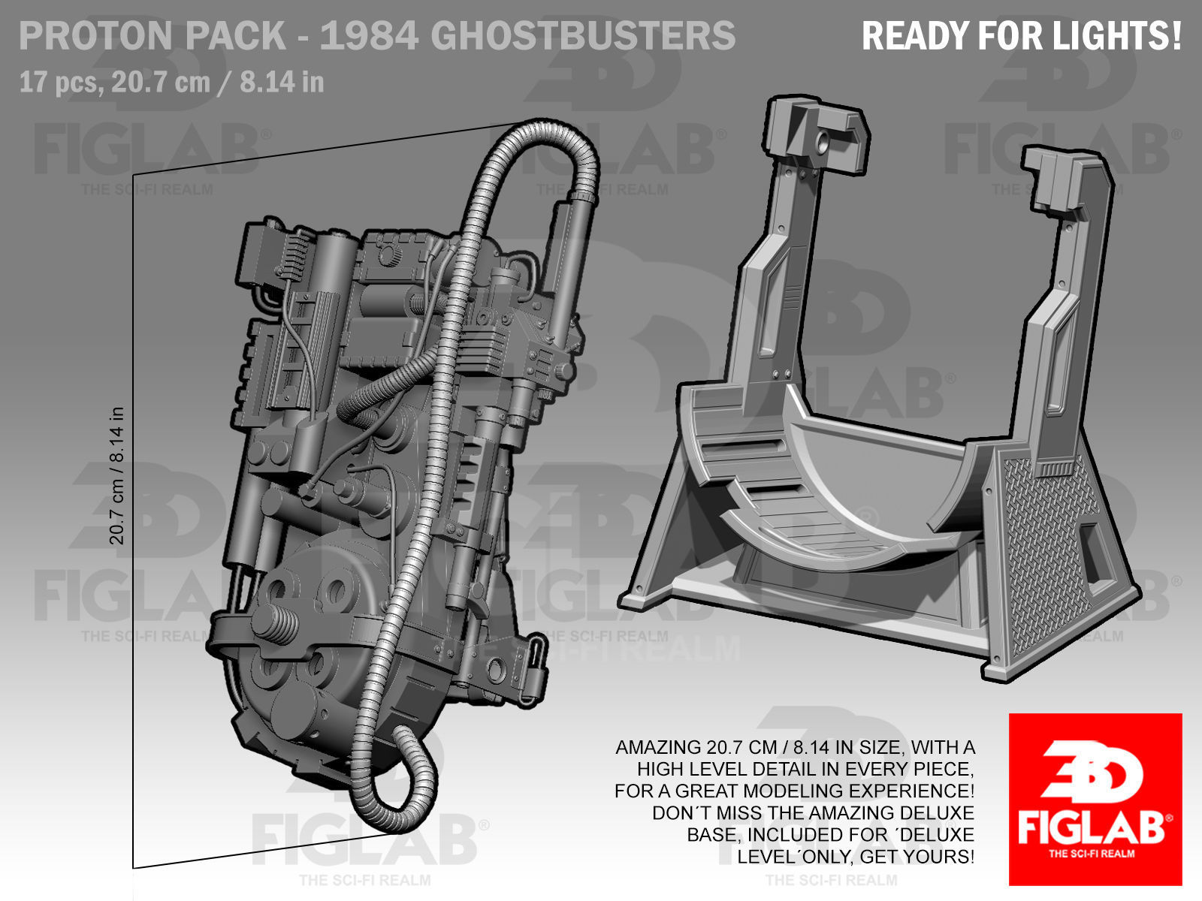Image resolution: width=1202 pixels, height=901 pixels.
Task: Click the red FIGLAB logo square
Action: pos(1095,798)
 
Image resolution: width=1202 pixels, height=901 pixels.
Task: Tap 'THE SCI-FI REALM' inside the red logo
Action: pos(1091,853)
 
